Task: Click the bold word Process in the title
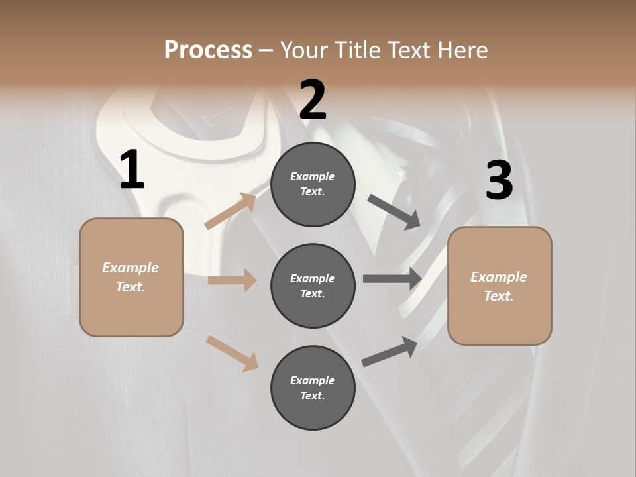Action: [208, 50]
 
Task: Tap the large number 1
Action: [132, 170]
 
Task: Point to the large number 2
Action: [313, 100]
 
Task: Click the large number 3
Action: [499, 180]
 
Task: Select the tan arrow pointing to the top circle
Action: [231, 211]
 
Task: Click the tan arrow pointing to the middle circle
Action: [232, 280]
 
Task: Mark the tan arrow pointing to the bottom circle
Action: [232, 353]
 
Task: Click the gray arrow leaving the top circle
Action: [394, 211]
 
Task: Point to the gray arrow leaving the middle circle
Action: [392, 279]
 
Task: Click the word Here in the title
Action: [463, 50]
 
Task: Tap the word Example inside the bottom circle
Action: [313, 380]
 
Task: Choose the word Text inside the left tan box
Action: [130, 287]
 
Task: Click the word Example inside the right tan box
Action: [499, 277]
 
